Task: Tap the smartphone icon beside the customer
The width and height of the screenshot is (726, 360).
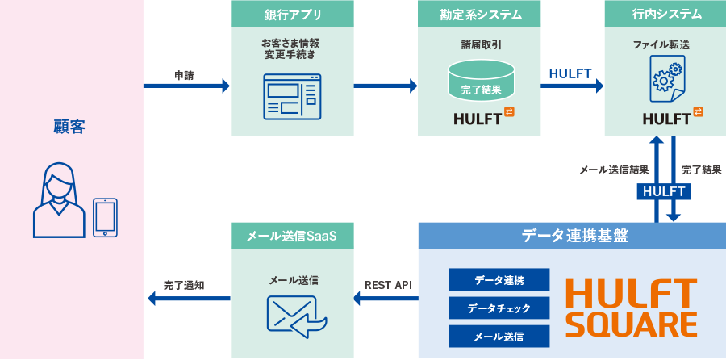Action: coord(106,218)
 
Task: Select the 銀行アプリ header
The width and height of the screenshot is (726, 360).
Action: coord(292,14)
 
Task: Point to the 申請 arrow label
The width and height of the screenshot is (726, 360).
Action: coord(186,75)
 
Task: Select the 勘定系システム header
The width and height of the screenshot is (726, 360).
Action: coord(480,14)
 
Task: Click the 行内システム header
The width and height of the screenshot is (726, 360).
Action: coord(666,14)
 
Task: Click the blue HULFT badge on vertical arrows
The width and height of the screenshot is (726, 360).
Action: coord(664,191)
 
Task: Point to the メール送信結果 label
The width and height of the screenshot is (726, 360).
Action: coord(614,170)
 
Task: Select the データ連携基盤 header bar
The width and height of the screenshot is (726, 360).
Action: coord(572,236)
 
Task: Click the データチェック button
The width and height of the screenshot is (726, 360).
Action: coord(499,308)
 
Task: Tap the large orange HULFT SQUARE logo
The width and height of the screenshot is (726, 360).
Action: coord(631,308)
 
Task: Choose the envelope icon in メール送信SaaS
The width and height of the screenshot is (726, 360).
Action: coord(295,314)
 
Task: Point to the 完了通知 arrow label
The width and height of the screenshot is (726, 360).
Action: coord(184,285)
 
